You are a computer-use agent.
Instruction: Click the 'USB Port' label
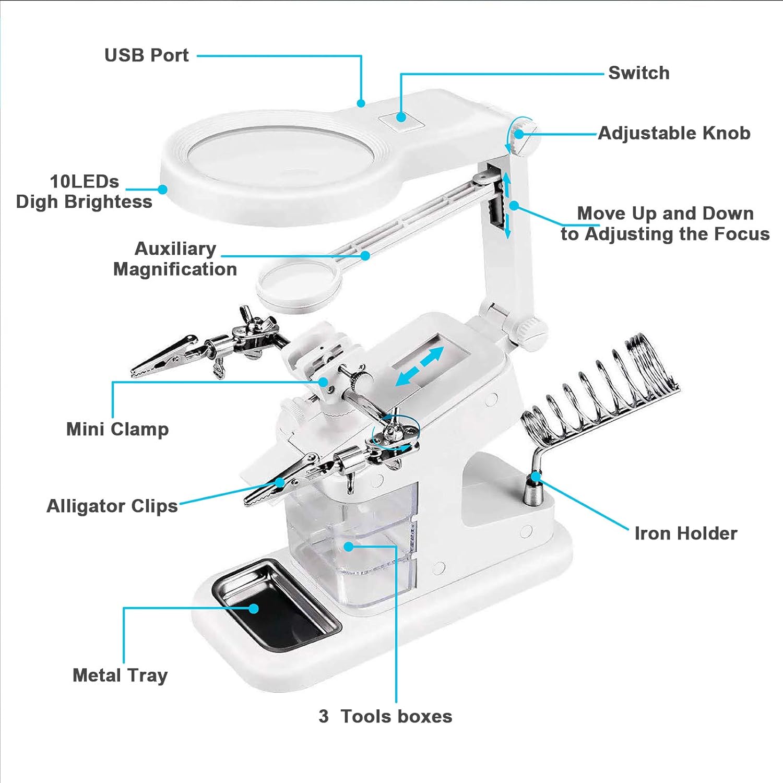click(146, 55)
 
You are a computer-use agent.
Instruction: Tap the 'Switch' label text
click(638, 73)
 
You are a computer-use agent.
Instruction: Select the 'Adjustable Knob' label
click(674, 133)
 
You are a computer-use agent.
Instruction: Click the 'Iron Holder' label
click(685, 533)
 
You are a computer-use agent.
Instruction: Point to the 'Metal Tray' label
click(120, 675)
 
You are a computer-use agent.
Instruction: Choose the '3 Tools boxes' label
click(385, 716)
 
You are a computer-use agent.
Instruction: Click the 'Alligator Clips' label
click(112, 506)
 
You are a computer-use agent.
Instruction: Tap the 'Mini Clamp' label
click(117, 429)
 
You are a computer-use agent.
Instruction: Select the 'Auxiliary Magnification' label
click(175, 259)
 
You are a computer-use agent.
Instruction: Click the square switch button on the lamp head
click(401, 118)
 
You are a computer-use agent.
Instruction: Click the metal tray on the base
click(277, 606)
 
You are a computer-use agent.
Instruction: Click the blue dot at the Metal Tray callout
click(254, 608)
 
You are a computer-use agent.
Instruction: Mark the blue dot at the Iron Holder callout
click(536, 476)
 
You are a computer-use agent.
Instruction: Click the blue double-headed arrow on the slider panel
click(420, 367)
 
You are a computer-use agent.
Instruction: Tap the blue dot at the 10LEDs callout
click(163, 189)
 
